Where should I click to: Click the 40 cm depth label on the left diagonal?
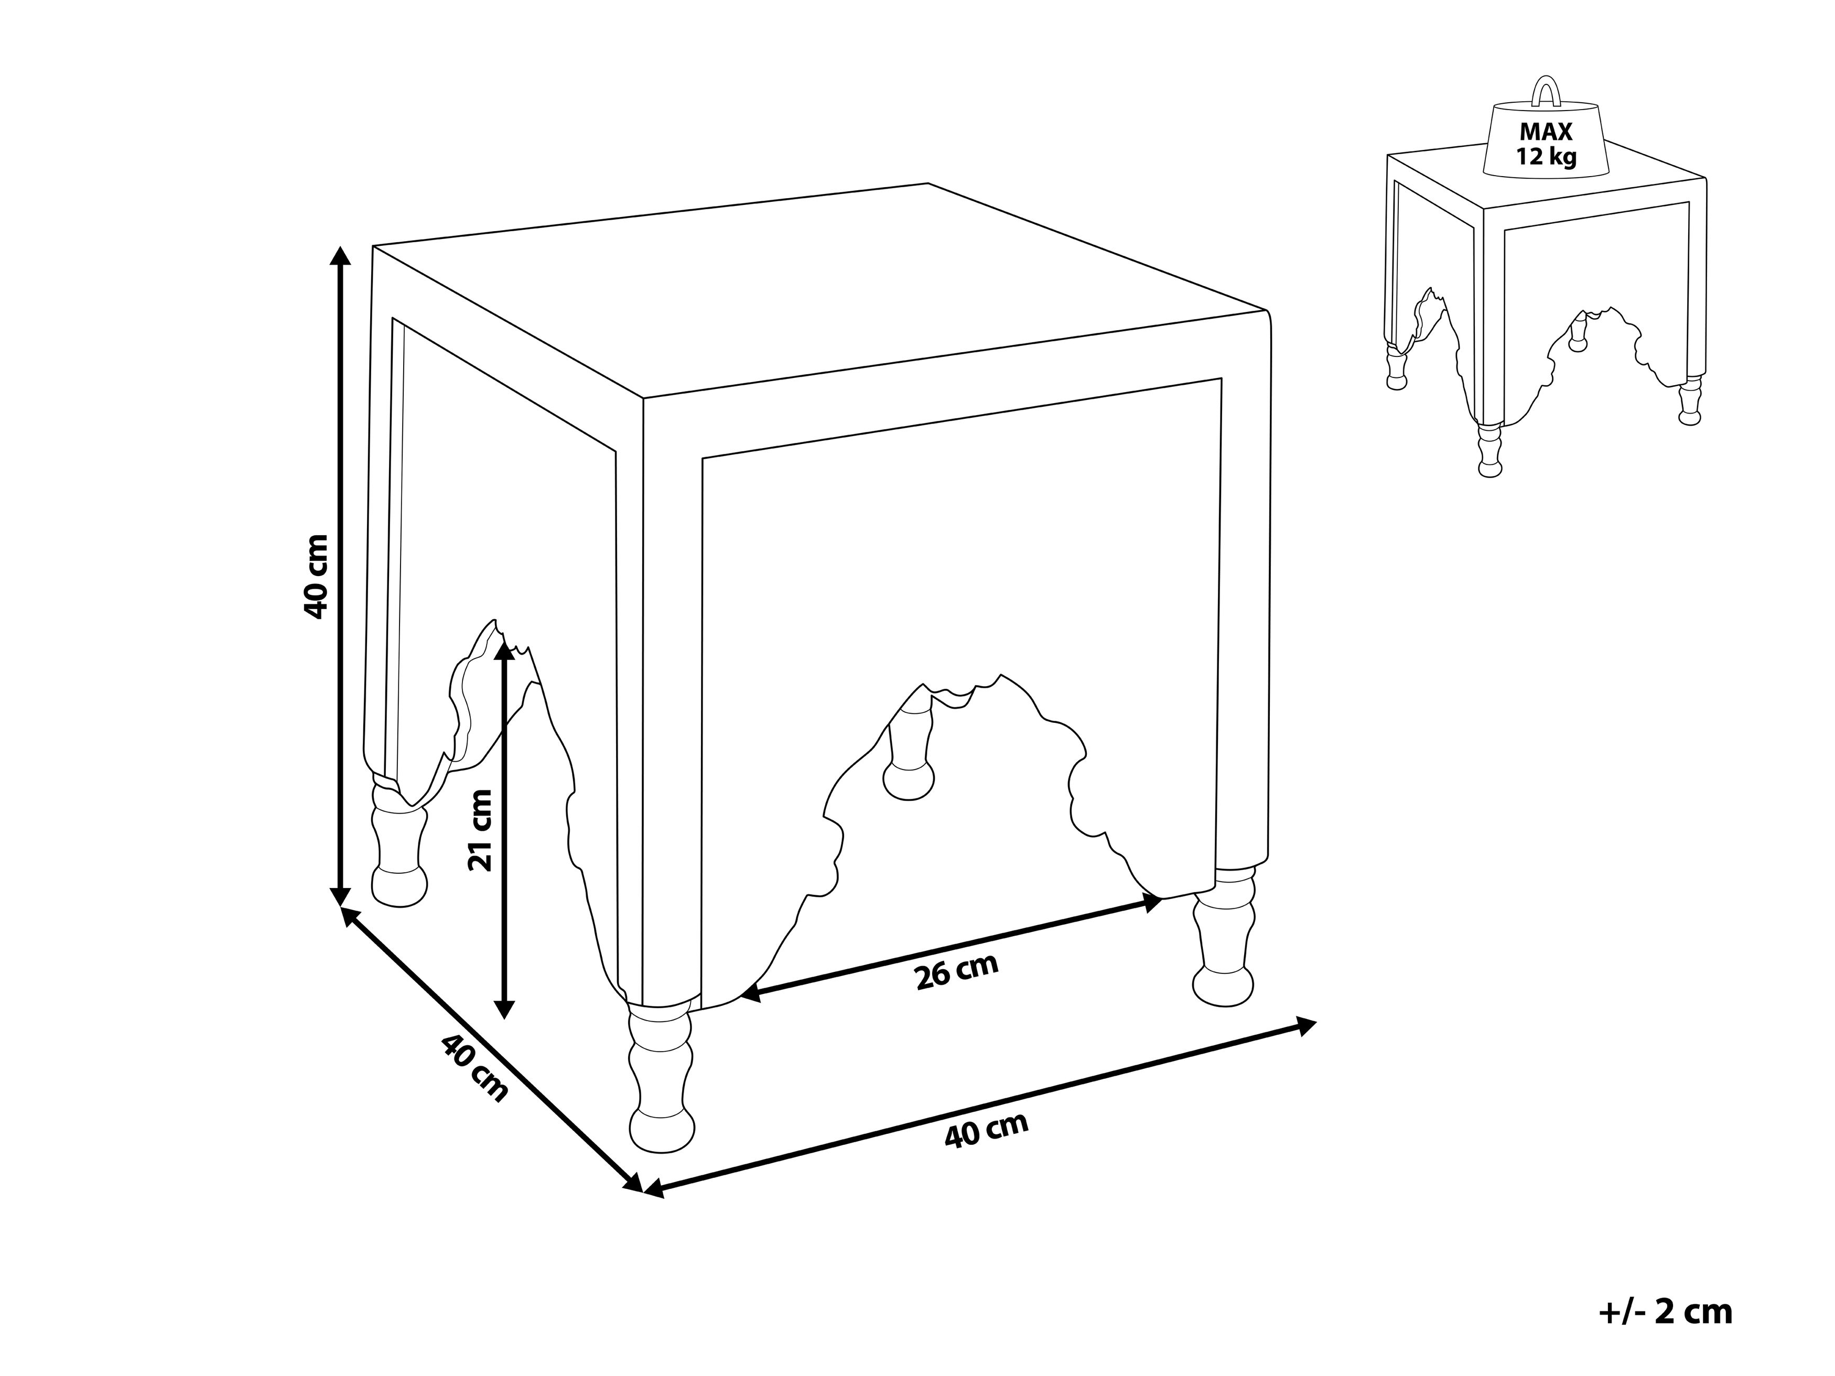pos(473,1067)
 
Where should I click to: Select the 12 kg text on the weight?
pos(1546,157)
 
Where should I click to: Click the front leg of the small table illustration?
pos(1490,450)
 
